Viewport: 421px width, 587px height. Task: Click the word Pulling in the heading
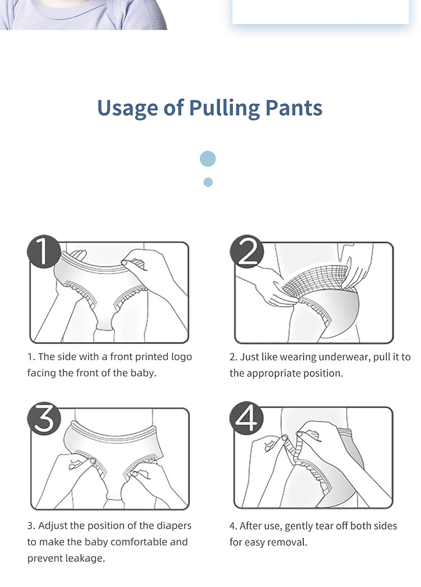tap(224, 108)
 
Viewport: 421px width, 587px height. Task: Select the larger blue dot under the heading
tap(208, 159)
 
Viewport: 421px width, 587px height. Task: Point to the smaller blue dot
tap(208, 182)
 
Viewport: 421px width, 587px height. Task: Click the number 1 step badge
tap(44, 251)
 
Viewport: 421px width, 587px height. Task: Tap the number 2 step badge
tap(247, 251)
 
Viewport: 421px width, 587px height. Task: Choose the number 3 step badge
tap(44, 418)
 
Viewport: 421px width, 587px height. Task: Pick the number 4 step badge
tap(247, 418)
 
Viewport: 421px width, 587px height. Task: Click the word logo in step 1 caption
tap(181, 357)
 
